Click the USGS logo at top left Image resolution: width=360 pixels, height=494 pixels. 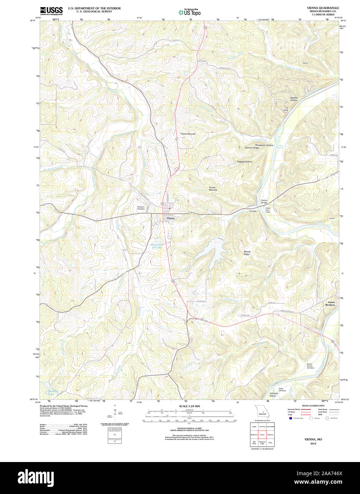[x=51, y=10]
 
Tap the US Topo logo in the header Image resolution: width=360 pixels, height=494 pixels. [x=190, y=12]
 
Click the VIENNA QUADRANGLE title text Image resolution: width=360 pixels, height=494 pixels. [x=323, y=8]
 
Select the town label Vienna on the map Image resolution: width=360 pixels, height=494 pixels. [x=170, y=218]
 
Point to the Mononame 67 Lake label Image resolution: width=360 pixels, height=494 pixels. [x=157, y=246]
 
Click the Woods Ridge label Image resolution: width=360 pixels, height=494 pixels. [x=247, y=253]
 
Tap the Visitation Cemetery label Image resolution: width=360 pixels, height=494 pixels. [x=141, y=208]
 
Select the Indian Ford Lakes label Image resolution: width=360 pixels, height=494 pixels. [x=268, y=210]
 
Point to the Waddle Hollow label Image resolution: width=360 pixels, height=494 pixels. [x=293, y=99]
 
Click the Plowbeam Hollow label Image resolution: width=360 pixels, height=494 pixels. [x=264, y=145]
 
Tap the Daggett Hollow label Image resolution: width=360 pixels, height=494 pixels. [x=244, y=162]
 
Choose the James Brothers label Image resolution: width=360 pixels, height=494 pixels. [x=330, y=304]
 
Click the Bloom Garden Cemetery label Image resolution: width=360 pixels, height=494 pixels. [x=311, y=366]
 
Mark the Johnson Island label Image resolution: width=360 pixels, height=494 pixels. [x=274, y=394]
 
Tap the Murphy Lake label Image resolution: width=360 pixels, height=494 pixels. [x=53, y=392]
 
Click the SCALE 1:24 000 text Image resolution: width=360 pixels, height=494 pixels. [x=189, y=406]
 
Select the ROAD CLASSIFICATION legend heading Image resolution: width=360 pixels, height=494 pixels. [x=313, y=406]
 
